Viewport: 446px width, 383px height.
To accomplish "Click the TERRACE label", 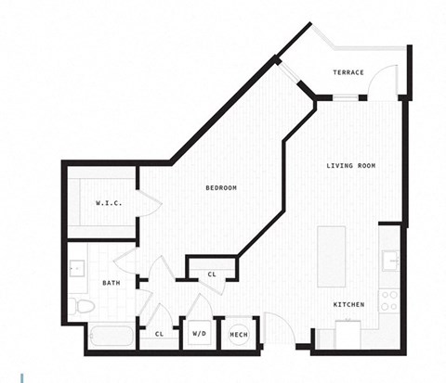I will [348, 73].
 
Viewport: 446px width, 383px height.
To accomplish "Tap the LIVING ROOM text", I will [350, 166].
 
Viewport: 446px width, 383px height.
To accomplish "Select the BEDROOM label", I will [221, 188].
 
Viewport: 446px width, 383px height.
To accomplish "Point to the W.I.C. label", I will [109, 203].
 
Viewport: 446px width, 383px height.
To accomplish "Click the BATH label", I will [111, 283].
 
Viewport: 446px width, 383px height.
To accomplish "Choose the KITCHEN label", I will [348, 305].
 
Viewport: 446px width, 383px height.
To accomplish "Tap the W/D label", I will [199, 334].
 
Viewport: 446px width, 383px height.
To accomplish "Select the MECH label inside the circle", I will [238, 334].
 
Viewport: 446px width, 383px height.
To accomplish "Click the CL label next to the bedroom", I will [212, 274].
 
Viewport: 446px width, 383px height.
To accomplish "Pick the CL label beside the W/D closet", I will [159, 334].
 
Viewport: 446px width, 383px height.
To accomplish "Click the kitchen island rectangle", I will [331, 256].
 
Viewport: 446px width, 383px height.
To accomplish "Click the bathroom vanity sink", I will [76, 270].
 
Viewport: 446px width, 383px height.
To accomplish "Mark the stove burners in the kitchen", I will [391, 300].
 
